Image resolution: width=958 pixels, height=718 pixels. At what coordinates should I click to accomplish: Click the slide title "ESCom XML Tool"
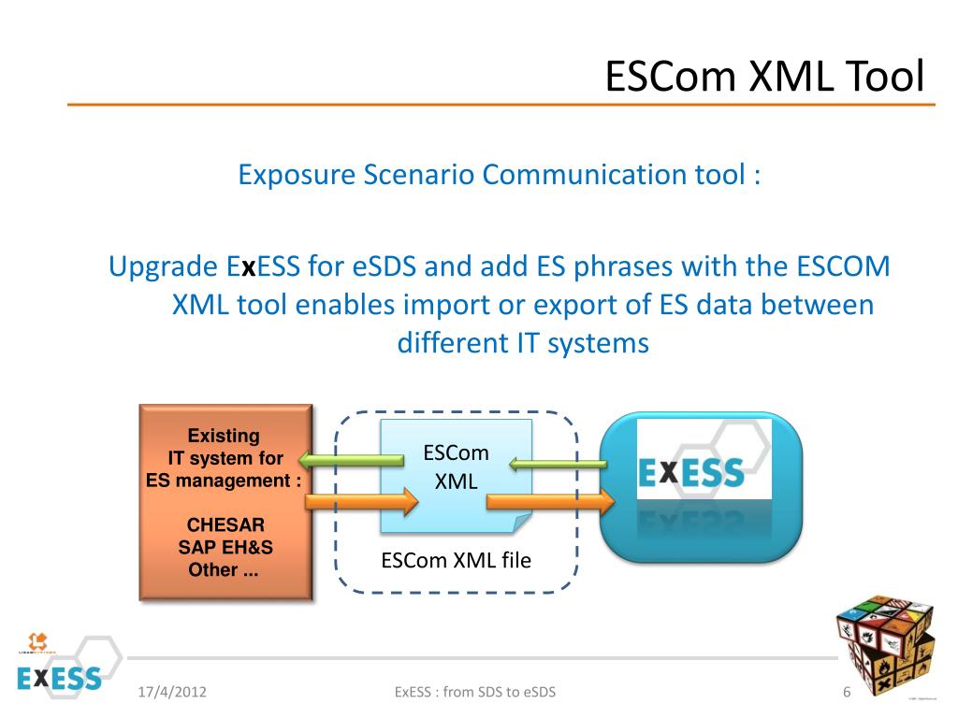click(764, 76)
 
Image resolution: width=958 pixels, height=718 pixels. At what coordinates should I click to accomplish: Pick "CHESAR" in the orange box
click(225, 525)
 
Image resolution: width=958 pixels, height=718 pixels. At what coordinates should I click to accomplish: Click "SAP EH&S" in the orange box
click(225, 548)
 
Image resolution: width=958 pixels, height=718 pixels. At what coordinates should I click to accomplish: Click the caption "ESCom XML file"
click(456, 561)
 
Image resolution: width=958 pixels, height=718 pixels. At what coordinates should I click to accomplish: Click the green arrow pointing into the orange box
click(350, 459)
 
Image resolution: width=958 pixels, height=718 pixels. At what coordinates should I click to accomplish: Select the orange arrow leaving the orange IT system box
click(360, 503)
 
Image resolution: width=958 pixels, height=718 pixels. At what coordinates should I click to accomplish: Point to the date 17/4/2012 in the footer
click(172, 693)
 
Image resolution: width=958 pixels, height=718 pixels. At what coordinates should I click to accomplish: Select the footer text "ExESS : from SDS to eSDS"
click(475, 693)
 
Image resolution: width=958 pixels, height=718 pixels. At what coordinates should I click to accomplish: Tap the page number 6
click(847, 693)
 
